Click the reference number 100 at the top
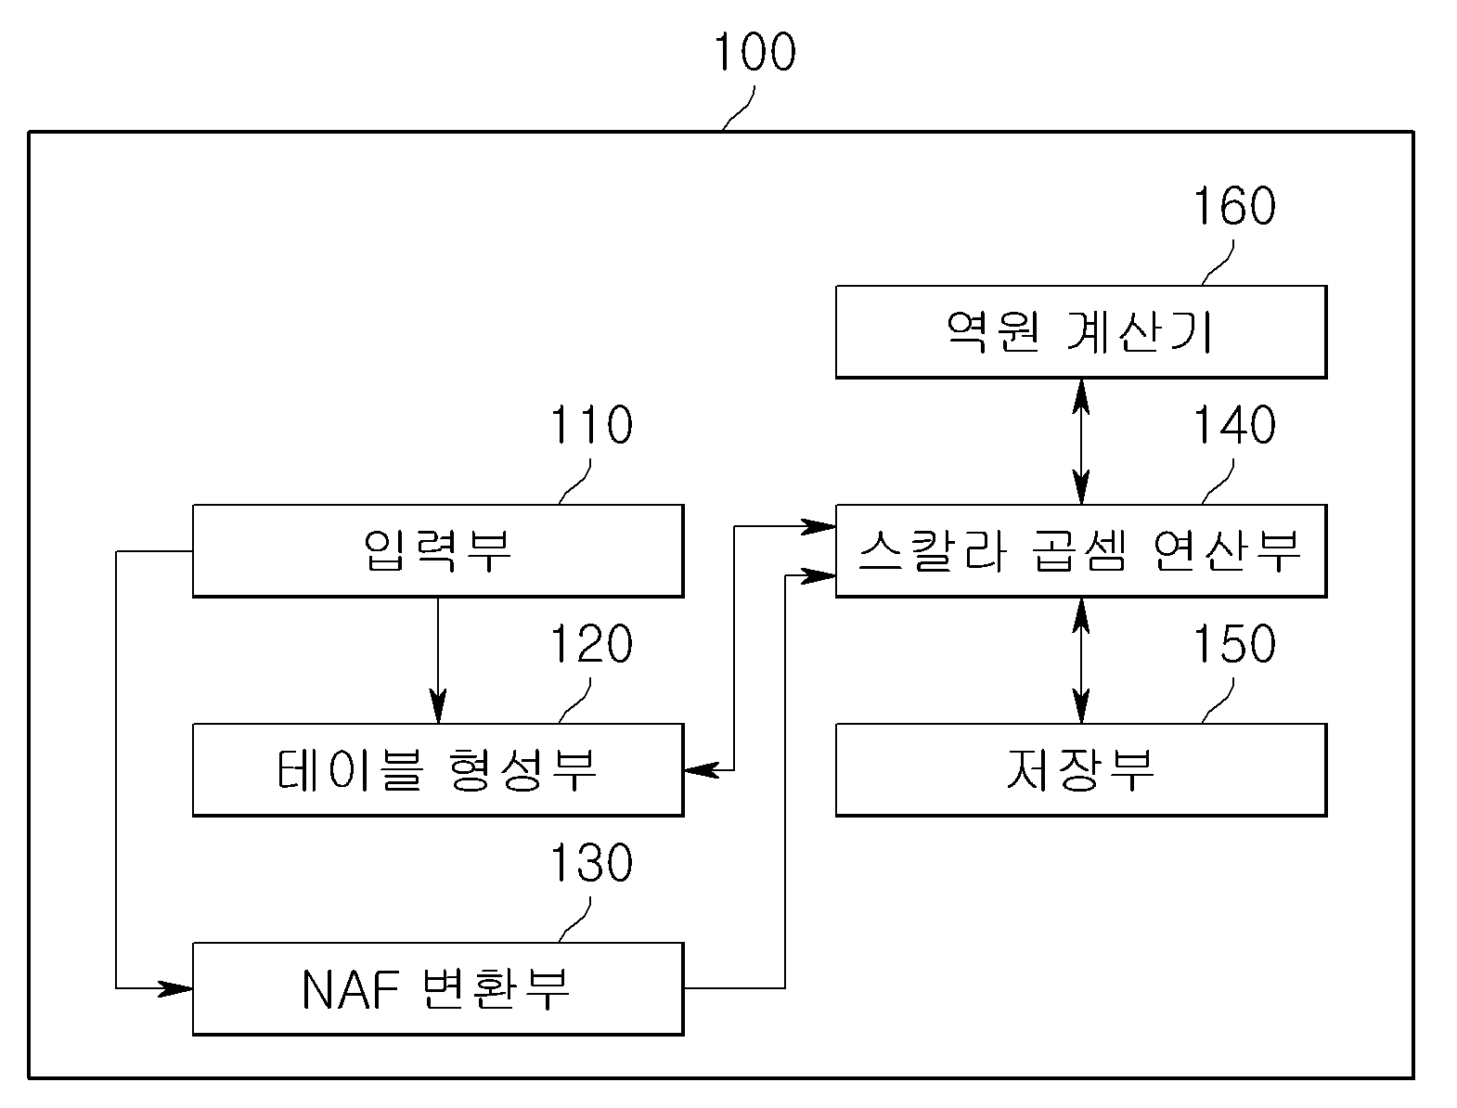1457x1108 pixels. coord(754,52)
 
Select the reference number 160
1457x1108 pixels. coord(1234,206)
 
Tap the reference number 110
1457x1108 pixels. coord(591,425)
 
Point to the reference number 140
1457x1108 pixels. coord(1234,425)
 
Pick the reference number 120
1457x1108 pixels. coord(591,644)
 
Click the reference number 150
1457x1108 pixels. coord(1234,644)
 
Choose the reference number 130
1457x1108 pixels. coord(591,862)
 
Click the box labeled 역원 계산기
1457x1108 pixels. coord(1081,331)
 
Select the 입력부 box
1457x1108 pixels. coord(438,550)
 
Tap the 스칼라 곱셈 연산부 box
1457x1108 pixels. coord(1081,550)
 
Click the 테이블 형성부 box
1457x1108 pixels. coord(438,769)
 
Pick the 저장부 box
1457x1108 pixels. coord(1081,769)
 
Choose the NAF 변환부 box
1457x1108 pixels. coord(438,988)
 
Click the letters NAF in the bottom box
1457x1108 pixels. coord(350,989)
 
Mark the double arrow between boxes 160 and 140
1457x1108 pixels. coord(1081,442)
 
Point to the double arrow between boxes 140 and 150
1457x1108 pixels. coord(1081,661)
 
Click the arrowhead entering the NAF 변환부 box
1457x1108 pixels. coord(175,988)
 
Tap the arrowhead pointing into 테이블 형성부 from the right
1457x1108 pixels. coord(702,770)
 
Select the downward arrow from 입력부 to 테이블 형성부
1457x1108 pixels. coord(438,661)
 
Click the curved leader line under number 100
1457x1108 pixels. coord(739,109)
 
